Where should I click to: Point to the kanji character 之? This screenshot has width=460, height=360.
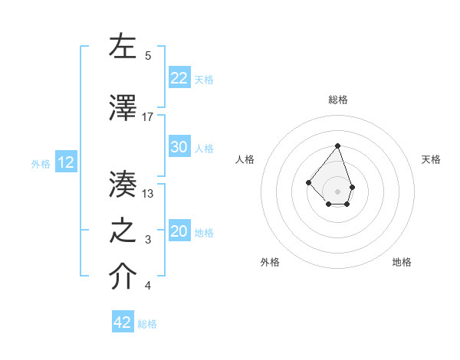point(123,231)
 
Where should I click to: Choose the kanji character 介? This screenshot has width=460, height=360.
point(123,277)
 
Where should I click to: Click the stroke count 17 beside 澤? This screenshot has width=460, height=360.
point(148,116)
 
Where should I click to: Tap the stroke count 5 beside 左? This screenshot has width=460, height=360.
point(148,55)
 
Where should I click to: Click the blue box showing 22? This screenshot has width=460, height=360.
point(179,78)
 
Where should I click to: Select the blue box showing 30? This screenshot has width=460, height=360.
point(179,147)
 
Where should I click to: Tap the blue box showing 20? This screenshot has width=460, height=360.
point(179,231)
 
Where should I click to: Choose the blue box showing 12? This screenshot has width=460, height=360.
point(65,162)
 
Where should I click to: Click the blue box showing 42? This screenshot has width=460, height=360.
point(123,322)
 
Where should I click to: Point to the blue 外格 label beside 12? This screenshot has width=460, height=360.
point(41,163)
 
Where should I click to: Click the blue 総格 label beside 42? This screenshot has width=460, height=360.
point(147,324)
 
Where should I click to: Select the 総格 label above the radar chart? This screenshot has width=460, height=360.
point(338,100)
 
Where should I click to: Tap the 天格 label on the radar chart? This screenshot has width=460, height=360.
point(431,159)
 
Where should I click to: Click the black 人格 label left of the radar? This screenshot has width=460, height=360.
point(245,159)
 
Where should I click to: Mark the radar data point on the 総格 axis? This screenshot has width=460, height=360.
point(337,146)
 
